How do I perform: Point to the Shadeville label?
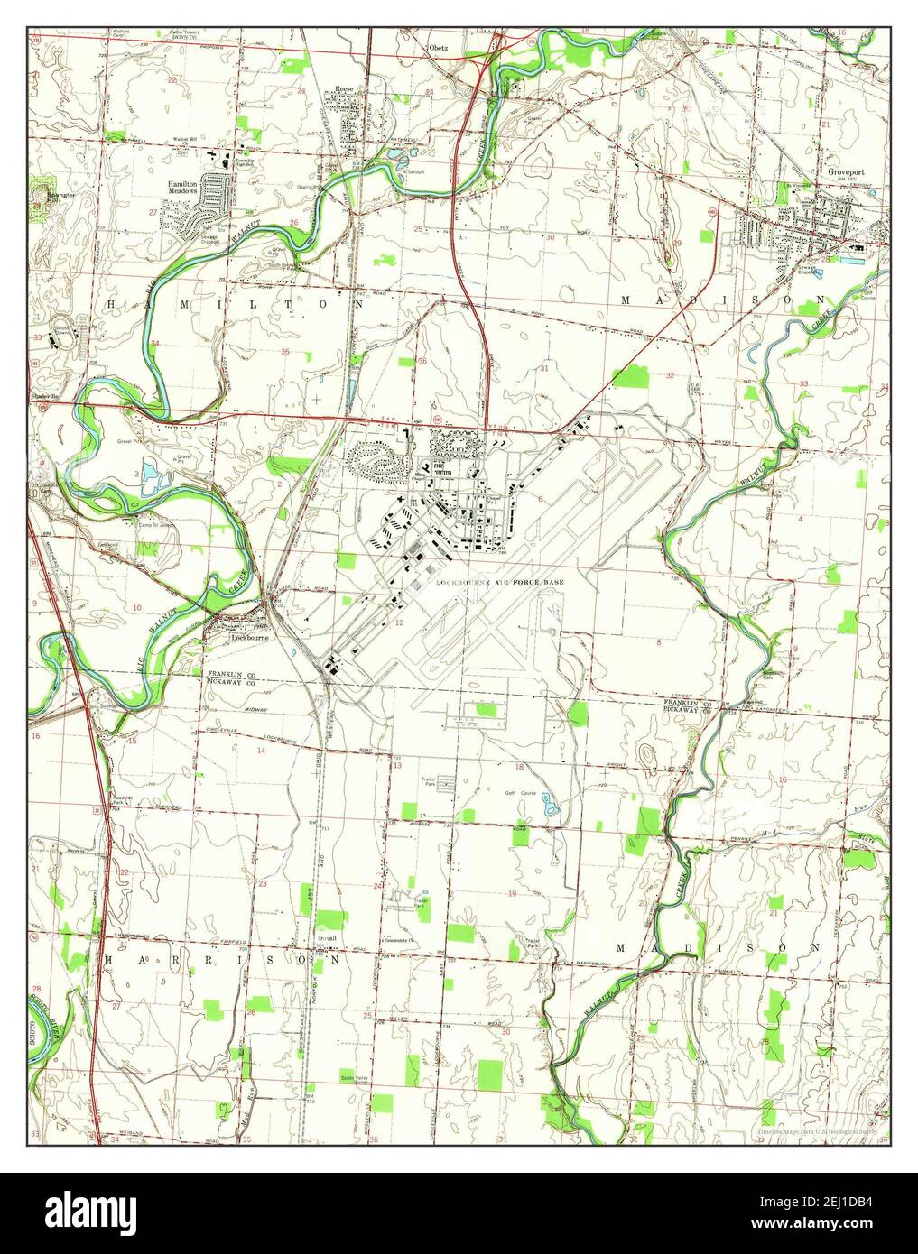[43, 395]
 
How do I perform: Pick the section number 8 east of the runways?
[659, 641]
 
